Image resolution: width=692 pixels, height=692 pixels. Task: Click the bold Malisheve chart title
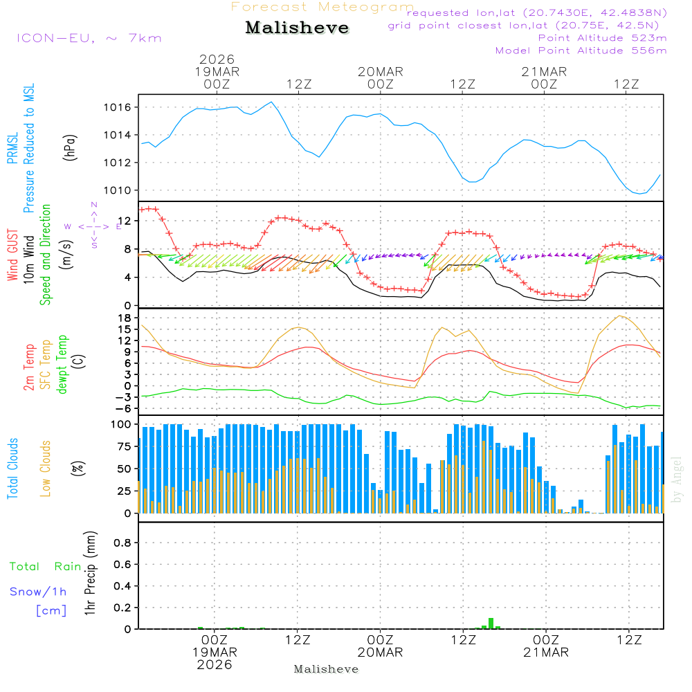point(298,28)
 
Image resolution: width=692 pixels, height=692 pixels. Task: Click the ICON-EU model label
point(88,38)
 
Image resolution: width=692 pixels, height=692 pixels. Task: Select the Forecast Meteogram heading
point(322,8)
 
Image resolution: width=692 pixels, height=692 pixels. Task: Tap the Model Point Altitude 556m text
point(581,51)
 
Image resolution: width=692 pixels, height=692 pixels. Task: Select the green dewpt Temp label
point(63,365)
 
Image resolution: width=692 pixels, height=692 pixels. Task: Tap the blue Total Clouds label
point(12,468)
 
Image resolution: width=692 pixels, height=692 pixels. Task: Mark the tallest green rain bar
point(491,623)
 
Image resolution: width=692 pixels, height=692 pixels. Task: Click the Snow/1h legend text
point(39,592)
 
